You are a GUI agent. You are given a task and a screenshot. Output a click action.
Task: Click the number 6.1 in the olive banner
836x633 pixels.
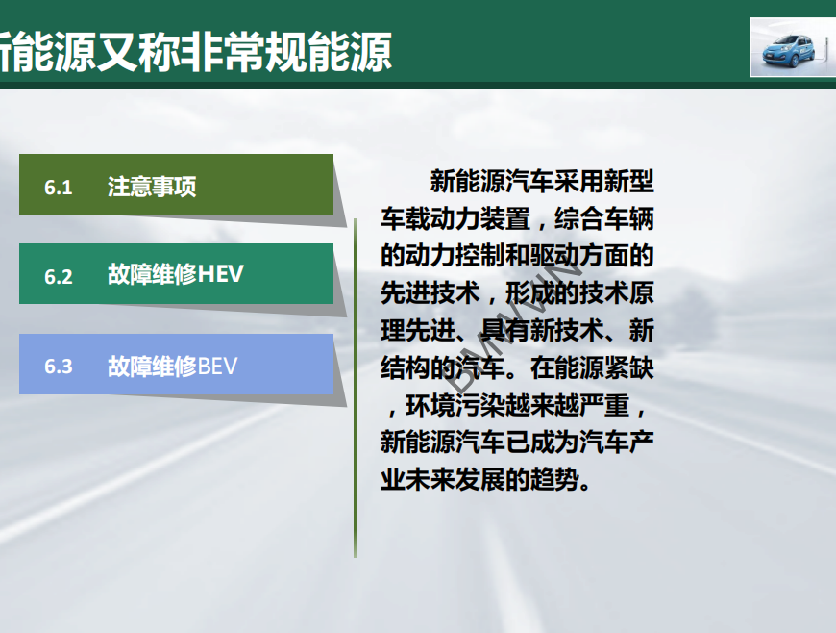point(58,188)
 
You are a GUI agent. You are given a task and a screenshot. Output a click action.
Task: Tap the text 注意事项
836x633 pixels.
point(152,187)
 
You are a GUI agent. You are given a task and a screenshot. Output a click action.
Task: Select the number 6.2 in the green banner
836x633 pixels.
point(58,276)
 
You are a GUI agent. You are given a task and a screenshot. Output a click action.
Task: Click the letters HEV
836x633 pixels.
point(220,274)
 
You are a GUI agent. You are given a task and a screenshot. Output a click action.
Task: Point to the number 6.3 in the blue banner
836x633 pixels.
point(58,367)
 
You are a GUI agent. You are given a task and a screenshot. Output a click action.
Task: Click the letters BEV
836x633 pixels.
point(217,367)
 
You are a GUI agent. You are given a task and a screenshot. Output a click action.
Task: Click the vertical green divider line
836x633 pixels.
point(356,388)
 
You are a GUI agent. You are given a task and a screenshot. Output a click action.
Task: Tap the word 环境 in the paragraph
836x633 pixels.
point(430,406)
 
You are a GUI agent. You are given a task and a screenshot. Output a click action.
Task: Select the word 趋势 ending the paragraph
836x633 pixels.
point(553,479)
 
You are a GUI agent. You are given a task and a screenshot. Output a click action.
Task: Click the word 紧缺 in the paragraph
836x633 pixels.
point(629,368)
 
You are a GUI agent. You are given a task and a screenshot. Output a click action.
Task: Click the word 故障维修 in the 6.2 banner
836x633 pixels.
point(152,274)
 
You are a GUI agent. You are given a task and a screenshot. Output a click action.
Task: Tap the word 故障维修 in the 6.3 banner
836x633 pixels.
point(152,367)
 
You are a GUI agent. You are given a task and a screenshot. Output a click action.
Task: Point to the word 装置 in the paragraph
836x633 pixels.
point(504,219)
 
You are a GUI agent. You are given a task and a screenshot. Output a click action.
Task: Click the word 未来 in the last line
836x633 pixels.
point(430,479)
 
